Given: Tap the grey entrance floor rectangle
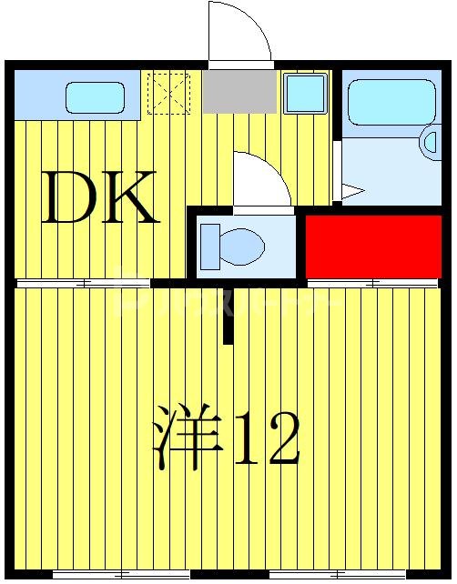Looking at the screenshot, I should pyautogui.click(x=239, y=93).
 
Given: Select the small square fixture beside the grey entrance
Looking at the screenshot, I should pyautogui.click(x=305, y=92).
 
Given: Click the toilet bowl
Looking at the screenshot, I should pyautogui.click(x=234, y=246).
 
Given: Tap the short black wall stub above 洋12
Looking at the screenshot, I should pyautogui.click(x=228, y=315).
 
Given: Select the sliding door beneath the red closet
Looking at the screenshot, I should pyautogui.click(x=373, y=283).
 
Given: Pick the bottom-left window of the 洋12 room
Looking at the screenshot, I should pyautogui.click(x=121, y=574).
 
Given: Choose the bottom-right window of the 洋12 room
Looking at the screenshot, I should pyautogui.click(x=336, y=574).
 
